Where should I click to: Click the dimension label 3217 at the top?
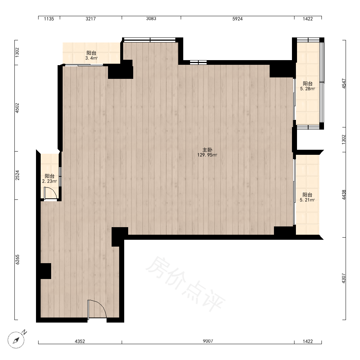pyautogui.click(x=91, y=19)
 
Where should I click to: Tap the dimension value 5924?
pyautogui.click(x=237, y=19)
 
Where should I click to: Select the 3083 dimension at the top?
pyautogui.click(x=151, y=19)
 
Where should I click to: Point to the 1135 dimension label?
pyautogui.click(x=49, y=19)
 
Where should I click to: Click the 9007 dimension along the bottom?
pyautogui.click(x=208, y=341)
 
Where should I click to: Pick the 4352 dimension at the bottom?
pyautogui.click(x=80, y=341)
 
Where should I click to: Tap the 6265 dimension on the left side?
pyautogui.click(x=17, y=260)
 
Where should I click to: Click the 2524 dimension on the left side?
pyautogui.click(x=17, y=175)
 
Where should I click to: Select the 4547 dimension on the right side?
pyautogui.click(x=344, y=84)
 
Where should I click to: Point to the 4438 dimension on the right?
pyautogui.click(x=344, y=195)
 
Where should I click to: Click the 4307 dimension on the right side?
pyautogui.click(x=344, y=278)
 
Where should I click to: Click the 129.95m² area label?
pyautogui.click(x=207, y=155)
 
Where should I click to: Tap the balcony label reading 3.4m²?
pyautogui.click(x=91, y=58)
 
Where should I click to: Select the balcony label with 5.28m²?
pyautogui.click(x=307, y=89)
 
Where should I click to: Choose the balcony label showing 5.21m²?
pyautogui.click(x=307, y=200)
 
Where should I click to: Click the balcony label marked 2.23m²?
pyautogui.click(x=50, y=181)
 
